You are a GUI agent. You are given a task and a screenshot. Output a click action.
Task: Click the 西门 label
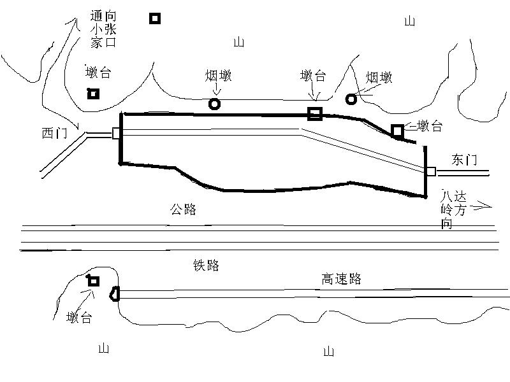(x=54, y=133)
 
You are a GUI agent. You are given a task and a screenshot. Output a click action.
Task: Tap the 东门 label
(x=464, y=160)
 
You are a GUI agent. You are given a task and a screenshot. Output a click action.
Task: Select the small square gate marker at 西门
(x=116, y=133)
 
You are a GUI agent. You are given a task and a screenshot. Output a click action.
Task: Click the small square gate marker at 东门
(x=431, y=171)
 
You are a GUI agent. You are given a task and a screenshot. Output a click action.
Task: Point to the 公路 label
(x=183, y=209)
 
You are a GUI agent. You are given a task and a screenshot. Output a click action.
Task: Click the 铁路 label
(x=206, y=265)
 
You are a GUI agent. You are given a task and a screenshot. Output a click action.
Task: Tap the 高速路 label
(x=342, y=279)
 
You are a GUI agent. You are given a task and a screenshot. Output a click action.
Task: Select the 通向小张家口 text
(x=103, y=29)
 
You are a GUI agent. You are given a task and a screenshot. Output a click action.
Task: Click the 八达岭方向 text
(x=453, y=210)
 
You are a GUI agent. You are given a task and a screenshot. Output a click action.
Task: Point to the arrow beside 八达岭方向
(x=481, y=206)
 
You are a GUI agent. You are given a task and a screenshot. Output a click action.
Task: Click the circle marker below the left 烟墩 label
(x=214, y=104)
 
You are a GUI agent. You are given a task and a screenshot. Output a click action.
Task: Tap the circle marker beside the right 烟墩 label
(x=351, y=99)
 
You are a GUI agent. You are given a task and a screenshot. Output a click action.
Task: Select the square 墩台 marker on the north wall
(x=315, y=114)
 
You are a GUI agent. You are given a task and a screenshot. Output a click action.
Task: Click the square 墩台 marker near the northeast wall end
(x=397, y=131)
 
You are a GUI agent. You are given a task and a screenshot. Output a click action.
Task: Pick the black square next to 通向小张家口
(x=155, y=18)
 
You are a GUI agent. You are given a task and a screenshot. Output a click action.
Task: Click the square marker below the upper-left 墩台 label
(x=93, y=94)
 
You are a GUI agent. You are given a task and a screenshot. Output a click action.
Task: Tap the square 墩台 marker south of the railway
(x=94, y=281)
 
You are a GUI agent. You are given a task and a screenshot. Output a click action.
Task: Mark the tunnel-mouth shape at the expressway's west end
(x=115, y=294)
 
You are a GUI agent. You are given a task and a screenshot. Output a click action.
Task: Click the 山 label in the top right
(x=410, y=22)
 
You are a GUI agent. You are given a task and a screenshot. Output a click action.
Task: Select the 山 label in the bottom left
(x=103, y=348)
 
